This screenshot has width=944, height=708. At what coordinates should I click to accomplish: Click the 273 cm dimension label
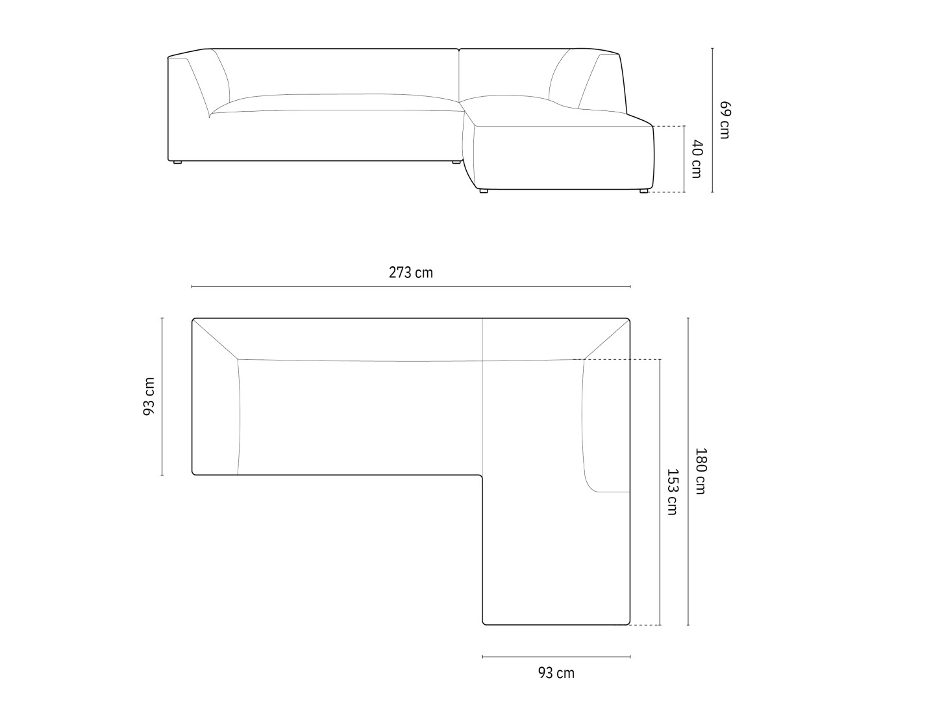tap(411, 273)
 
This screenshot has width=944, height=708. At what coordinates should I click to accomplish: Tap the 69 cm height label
tap(725, 120)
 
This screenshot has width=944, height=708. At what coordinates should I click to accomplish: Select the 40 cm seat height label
tap(696, 159)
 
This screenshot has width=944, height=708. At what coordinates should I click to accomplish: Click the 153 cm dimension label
tap(672, 492)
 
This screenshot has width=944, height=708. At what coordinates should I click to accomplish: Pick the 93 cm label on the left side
tap(149, 397)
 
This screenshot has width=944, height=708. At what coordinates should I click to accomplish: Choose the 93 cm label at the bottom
tap(556, 673)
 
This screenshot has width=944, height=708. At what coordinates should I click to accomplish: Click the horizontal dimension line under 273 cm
tap(411, 286)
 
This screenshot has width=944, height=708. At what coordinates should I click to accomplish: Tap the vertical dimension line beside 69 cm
tap(712, 120)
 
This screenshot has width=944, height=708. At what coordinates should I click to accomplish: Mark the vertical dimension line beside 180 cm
tap(688, 472)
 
